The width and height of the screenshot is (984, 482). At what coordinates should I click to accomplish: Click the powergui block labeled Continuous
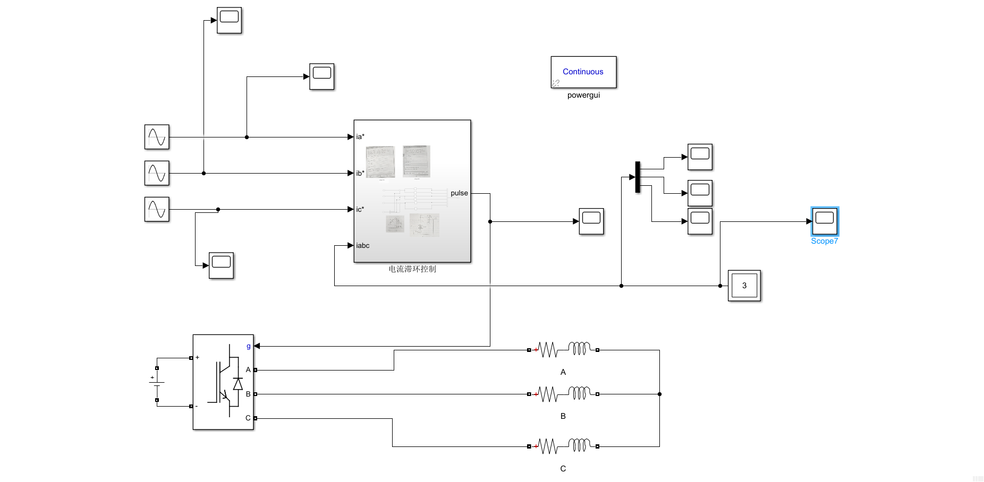point(583,72)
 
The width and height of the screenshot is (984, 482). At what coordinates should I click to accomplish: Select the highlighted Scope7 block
point(824,221)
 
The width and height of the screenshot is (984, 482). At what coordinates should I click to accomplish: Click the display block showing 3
point(744,286)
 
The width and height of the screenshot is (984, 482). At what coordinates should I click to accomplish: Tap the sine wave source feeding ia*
point(157,137)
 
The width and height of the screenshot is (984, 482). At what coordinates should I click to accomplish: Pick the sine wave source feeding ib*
point(157,173)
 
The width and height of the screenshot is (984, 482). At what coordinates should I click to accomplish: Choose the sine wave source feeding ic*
point(157,209)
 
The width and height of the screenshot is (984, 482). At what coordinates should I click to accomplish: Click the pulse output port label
point(459,193)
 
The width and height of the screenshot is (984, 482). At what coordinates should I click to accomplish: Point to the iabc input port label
point(363,245)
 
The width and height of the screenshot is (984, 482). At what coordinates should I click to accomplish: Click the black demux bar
point(638,177)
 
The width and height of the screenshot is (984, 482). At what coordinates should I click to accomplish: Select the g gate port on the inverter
point(248,346)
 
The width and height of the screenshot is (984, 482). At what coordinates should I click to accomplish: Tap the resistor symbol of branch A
point(548,350)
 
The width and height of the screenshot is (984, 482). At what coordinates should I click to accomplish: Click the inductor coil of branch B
point(579,393)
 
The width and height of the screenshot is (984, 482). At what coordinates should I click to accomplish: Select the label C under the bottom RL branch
point(563,469)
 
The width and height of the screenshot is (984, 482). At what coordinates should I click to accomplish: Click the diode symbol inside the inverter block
point(237,384)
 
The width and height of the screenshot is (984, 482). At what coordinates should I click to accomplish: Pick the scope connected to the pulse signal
point(591,221)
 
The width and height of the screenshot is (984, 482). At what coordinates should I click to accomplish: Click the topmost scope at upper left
point(229,20)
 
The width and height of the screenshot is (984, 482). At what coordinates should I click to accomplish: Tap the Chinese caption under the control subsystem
point(412,269)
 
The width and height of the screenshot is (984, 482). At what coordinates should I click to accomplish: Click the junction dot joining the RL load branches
point(659,394)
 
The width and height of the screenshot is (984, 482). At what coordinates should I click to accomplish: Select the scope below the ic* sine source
point(221,265)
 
